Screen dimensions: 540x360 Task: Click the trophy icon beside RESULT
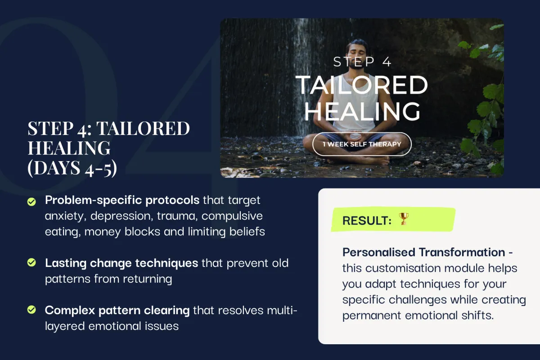(404, 219)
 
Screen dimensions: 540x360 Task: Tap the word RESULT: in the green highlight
(367, 220)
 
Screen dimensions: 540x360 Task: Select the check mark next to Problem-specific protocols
(31, 202)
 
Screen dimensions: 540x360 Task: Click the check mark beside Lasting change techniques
(31, 262)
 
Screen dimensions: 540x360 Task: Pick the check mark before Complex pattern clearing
(31, 310)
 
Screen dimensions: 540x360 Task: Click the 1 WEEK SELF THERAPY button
(362, 144)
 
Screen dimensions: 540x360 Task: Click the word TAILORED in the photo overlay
(362, 85)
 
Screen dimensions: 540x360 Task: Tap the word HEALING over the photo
(362, 111)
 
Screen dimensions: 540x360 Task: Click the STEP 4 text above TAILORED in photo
(362, 62)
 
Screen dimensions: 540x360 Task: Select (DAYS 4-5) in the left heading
(72, 168)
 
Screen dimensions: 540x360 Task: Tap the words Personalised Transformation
(424, 252)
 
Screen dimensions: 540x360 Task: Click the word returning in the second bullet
(148, 279)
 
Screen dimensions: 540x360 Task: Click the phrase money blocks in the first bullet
(122, 232)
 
